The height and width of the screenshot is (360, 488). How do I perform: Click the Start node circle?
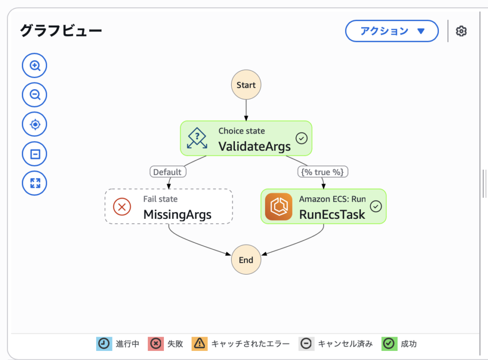246,85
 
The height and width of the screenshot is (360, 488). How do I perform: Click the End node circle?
246,260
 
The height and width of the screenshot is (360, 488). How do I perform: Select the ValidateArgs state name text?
254,146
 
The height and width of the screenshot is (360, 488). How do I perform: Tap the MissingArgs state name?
177,215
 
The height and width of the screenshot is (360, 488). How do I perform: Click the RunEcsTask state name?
332,215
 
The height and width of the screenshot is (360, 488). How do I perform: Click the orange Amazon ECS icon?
278,206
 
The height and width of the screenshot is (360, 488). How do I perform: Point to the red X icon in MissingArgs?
122,206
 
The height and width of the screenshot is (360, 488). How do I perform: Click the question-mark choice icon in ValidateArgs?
197,138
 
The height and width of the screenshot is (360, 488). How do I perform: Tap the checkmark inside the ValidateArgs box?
301,138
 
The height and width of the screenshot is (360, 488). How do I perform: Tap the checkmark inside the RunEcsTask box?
376,206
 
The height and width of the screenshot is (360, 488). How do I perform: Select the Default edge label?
167,172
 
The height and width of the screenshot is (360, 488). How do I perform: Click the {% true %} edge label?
323,172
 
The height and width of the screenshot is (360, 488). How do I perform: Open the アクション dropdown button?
392,31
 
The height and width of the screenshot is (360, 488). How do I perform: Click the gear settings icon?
461,31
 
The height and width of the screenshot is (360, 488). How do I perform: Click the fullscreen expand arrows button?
35,183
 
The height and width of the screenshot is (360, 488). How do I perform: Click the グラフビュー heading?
61,31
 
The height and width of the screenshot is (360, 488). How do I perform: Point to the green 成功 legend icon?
389,343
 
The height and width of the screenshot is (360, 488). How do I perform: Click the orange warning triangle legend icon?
199,343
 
